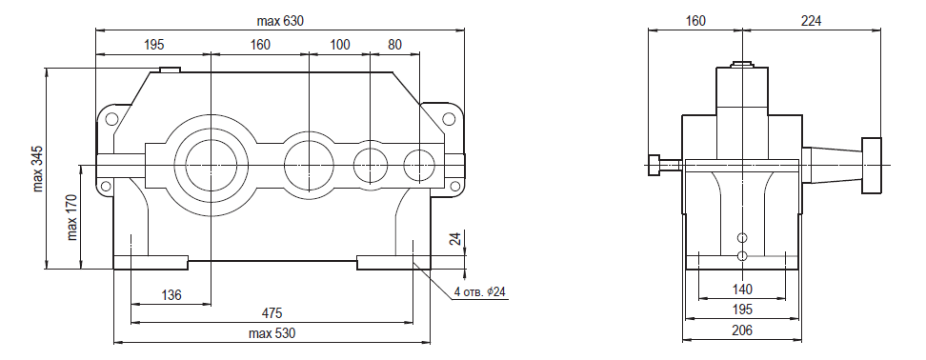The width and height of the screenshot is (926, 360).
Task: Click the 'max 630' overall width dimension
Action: point(280,21)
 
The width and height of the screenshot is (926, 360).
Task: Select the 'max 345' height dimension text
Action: point(38,170)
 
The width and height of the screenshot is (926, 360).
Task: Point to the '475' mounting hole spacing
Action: point(272,312)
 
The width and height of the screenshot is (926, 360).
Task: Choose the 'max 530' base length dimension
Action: point(272,333)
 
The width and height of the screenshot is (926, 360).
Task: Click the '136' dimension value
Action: point(171,295)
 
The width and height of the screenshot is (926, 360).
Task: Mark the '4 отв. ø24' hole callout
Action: point(480,291)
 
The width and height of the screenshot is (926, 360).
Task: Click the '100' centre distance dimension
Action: point(339,45)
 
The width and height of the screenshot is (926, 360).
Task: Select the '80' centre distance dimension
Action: point(394,45)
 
